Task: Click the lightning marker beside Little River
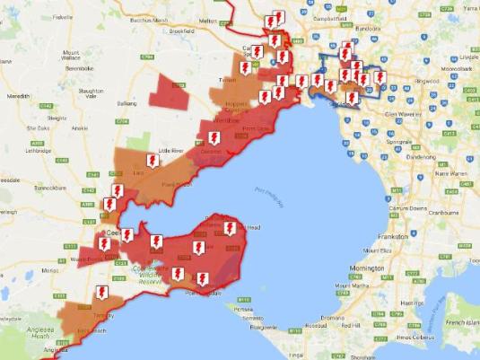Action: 214,138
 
